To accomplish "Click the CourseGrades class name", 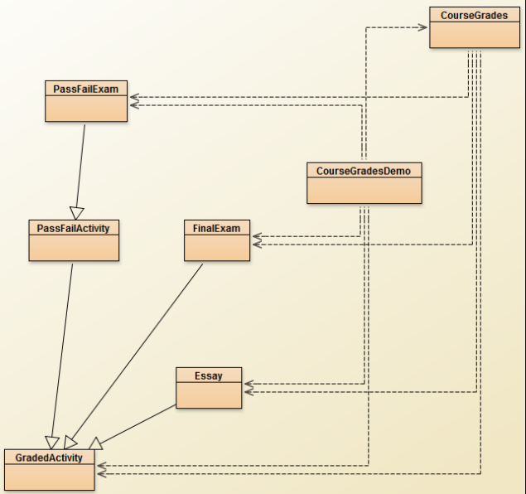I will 469,15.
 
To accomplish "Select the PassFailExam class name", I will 86,88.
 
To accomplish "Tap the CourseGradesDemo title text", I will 364,171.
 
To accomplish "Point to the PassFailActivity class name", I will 74,227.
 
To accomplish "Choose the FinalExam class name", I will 216,227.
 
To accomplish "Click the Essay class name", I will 209,375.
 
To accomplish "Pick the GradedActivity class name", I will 49,458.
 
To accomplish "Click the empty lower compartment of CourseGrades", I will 469,35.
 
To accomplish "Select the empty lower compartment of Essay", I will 209,395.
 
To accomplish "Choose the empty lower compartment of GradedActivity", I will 49,477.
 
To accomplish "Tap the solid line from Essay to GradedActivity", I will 137,423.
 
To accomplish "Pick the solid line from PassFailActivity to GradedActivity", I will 63,348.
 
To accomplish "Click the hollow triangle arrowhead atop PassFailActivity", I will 77,212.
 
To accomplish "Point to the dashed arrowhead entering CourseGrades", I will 422,27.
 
